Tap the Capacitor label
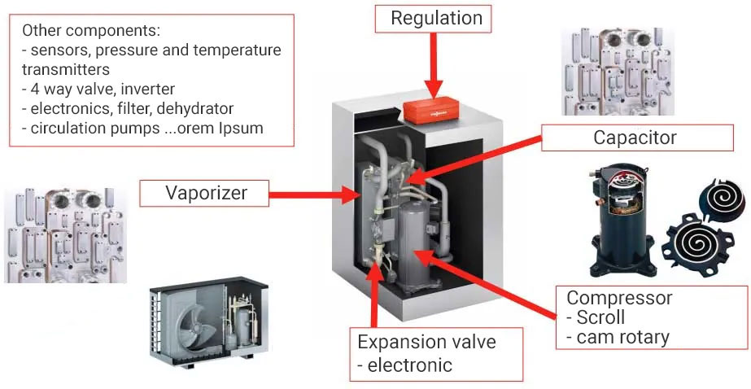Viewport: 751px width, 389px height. click(x=637, y=138)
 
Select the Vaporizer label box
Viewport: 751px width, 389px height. click(x=204, y=193)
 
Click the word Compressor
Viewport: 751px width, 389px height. click(x=620, y=298)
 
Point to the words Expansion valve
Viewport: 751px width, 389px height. click(x=426, y=343)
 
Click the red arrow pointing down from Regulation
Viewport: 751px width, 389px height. click(x=434, y=65)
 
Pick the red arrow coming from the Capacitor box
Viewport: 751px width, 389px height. click(x=474, y=159)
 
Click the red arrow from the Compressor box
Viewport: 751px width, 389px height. click(x=488, y=283)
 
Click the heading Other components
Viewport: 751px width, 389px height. click(x=91, y=30)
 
